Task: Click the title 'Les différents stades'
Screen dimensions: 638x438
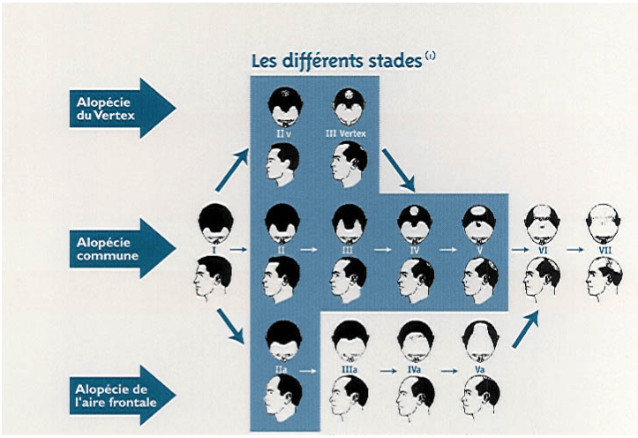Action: pyautogui.click(x=337, y=61)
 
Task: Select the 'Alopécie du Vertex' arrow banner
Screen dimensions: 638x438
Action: pyautogui.click(x=122, y=109)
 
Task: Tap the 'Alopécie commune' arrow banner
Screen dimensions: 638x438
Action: pyautogui.click(x=122, y=248)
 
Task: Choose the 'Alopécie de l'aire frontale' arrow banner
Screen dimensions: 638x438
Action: pyautogui.click(x=122, y=396)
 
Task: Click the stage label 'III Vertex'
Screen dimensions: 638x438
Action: pyautogui.click(x=345, y=133)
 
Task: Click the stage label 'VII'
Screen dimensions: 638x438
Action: pyautogui.click(x=605, y=250)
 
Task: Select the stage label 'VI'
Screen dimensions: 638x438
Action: pyautogui.click(x=543, y=250)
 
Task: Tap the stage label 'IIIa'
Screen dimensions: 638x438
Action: pyautogui.click(x=349, y=370)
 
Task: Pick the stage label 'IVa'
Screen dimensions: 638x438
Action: pyautogui.click(x=414, y=370)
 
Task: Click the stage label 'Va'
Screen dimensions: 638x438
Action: pyautogui.click(x=479, y=370)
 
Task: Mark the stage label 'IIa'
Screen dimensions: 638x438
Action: pyautogui.click(x=281, y=370)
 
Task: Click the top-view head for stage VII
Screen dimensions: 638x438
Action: pyautogui.click(x=604, y=224)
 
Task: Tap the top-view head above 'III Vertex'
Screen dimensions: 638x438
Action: pyautogui.click(x=349, y=107)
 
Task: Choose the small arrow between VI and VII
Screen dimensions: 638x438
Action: pyautogui.click(x=574, y=250)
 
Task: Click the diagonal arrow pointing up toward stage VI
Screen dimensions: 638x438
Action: pyautogui.click(x=525, y=328)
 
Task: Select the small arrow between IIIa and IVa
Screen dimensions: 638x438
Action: pyautogui.click(x=388, y=371)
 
